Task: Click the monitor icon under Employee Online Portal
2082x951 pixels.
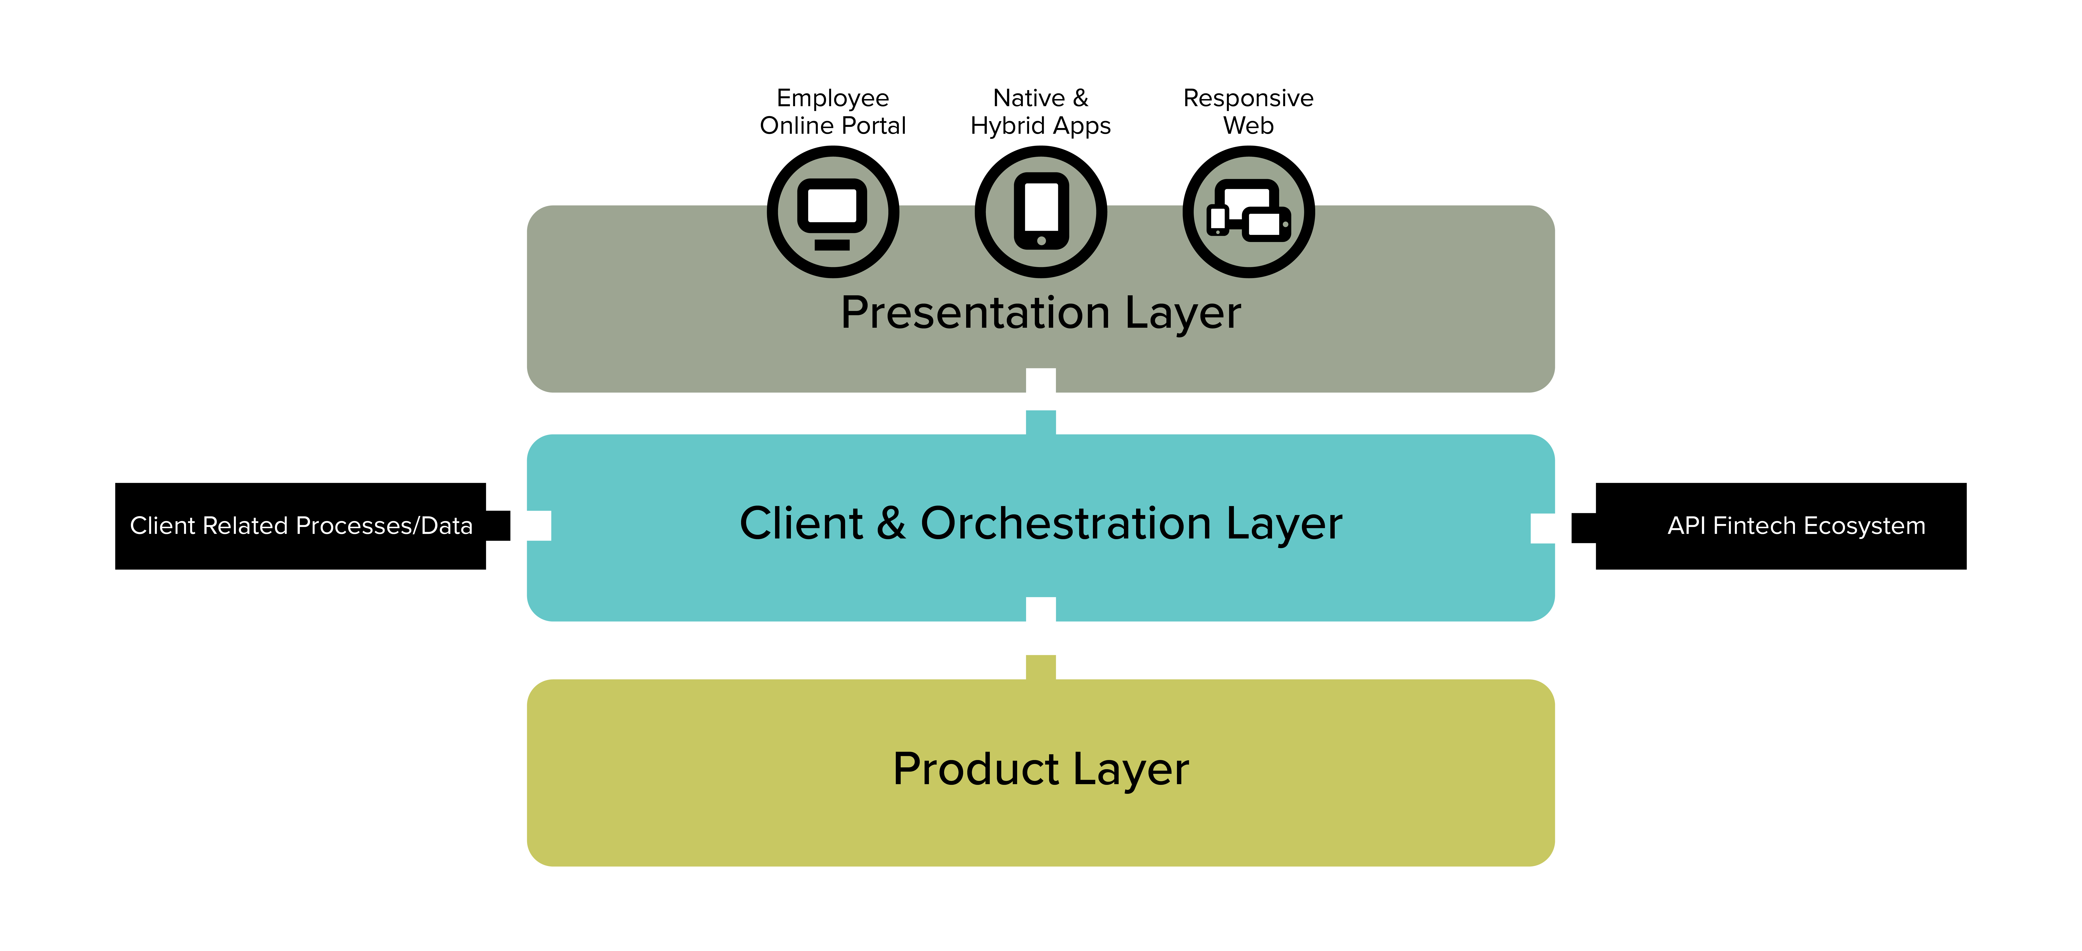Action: (x=832, y=212)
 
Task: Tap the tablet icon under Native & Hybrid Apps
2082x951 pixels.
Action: (x=1041, y=212)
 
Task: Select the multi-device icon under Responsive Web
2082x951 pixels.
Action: (x=1249, y=212)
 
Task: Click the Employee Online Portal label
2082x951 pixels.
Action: (x=832, y=112)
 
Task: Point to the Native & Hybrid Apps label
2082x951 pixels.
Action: (x=1041, y=112)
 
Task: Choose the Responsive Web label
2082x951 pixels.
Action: (x=1249, y=112)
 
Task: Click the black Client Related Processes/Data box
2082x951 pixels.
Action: (x=301, y=526)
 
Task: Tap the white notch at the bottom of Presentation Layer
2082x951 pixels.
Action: (x=1041, y=380)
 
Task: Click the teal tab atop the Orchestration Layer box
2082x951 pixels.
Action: (x=1041, y=422)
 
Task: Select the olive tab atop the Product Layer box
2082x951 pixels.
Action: (x=1041, y=667)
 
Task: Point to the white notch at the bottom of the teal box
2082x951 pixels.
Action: (x=1041, y=609)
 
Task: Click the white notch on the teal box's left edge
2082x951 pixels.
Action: (x=539, y=526)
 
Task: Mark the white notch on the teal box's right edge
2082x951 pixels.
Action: (x=1543, y=528)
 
